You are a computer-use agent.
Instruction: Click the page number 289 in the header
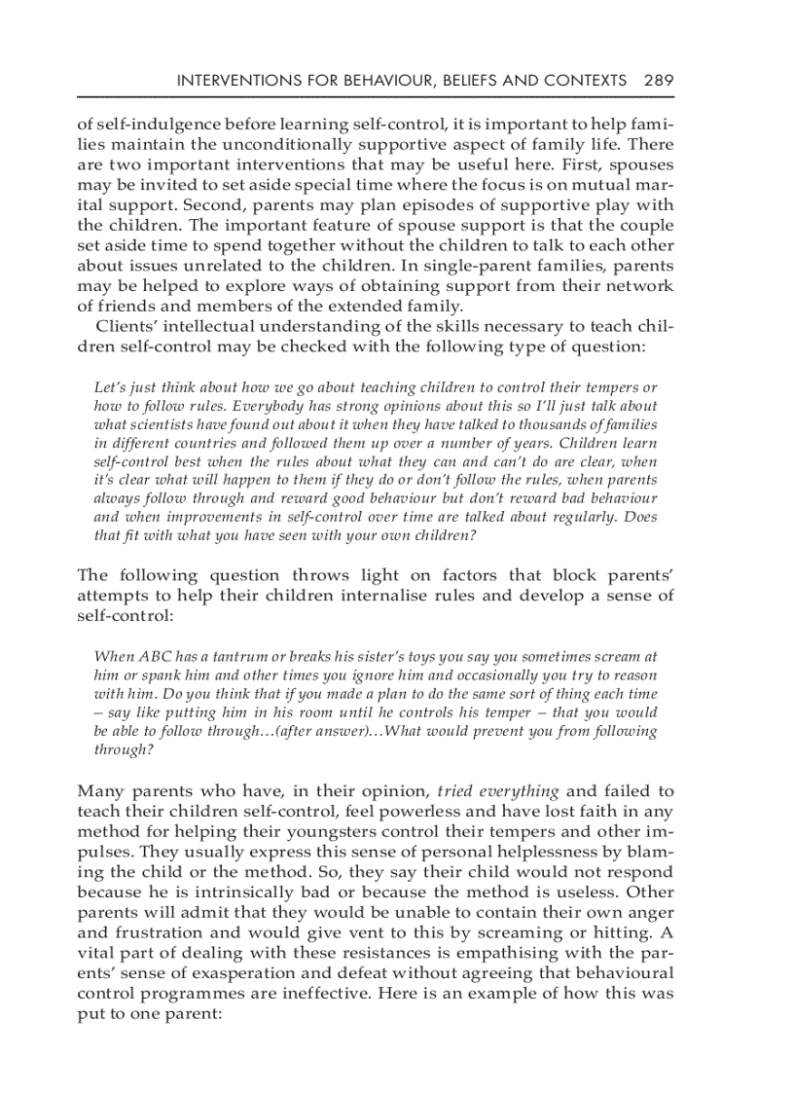point(658,81)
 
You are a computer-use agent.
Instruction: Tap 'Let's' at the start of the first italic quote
point(110,388)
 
